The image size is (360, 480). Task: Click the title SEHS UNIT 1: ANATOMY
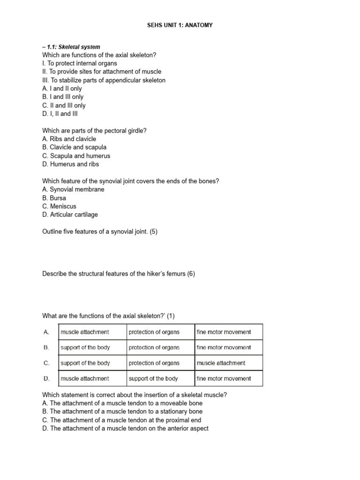click(180, 25)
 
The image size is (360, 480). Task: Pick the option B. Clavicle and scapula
click(74, 147)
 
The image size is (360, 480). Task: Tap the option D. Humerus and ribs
click(70, 164)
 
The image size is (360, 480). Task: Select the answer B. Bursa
click(54, 198)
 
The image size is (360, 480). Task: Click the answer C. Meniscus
click(59, 206)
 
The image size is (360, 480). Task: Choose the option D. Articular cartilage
click(70, 215)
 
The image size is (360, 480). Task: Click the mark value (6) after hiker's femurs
click(191, 274)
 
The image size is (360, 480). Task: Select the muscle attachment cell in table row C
click(221, 363)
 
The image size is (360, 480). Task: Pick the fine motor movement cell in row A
click(224, 332)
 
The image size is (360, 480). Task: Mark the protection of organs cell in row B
click(154, 347)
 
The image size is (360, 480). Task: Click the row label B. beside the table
click(46, 347)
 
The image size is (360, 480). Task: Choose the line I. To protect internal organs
click(80, 63)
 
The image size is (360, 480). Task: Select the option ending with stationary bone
click(122, 412)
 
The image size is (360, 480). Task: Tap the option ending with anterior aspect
click(125, 428)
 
